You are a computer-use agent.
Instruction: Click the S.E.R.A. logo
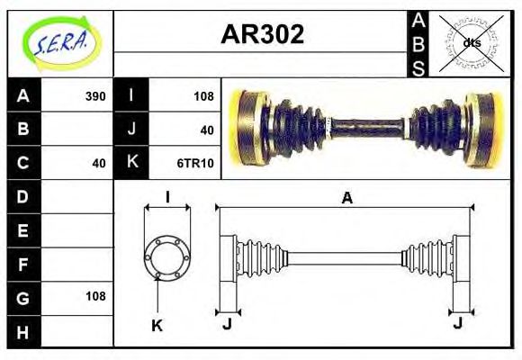click(x=60, y=42)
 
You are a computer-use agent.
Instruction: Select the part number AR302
click(x=262, y=35)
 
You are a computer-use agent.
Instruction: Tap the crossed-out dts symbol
click(x=471, y=43)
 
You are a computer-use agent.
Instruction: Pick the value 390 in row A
click(x=94, y=96)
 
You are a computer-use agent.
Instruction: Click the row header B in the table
click(x=22, y=130)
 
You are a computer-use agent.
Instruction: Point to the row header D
click(x=22, y=196)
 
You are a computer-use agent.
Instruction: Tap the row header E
click(x=22, y=230)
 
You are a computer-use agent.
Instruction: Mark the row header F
click(x=22, y=264)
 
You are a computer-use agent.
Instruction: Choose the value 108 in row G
click(x=94, y=296)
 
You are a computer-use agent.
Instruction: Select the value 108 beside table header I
click(x=203, y=96)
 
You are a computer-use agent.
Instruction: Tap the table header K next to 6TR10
click(x=131, y=163)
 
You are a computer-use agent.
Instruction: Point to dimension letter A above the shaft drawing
click(x=346, y=199)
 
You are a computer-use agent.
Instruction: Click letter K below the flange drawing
click(x=157, y=326)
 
